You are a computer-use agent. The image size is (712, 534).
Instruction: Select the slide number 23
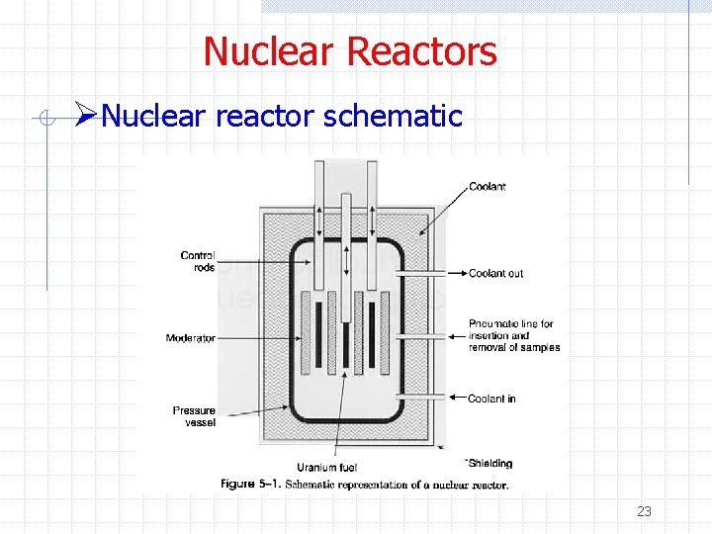tap(644, 511)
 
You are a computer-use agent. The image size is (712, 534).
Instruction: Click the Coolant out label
tap(495, 273)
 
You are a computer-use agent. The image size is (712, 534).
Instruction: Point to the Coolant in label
tap(491, 399)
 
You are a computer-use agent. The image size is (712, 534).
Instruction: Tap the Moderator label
tap(190, 338)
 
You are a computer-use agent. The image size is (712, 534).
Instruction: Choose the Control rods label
tap(198, 261)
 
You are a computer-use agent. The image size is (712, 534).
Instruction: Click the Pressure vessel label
tap(194, 416)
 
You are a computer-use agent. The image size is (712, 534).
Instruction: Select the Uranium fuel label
tap(326, 467)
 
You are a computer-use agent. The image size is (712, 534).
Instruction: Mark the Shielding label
tap(489, 463)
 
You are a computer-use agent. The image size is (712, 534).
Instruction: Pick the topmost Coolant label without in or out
tap(487, 187)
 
